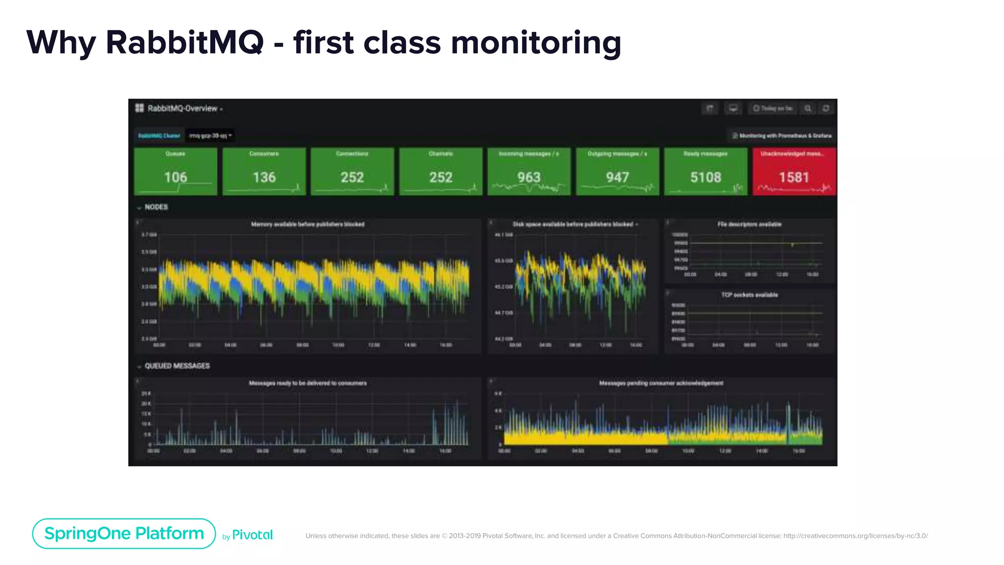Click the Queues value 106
pos(176,177)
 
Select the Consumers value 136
pos(264,177)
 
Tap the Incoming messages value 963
pos(529,177)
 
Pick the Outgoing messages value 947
pos(617,177)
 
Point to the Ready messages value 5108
pos(705,177)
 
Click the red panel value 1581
pos(794,177)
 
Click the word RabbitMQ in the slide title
pos(184,43)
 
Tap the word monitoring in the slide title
pos(536,43)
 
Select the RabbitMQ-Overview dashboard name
pos(182,108)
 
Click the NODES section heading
pos(156,207)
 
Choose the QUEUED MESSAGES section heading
pos(177,366)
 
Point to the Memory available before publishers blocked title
pos(308,224)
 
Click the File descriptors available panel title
pos(750,224)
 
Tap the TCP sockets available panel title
pos(750,295)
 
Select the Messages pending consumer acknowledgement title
pos(661,383)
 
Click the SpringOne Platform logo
pos(124,534)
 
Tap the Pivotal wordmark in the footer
pos(252,535)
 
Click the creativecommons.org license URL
pos(855,536)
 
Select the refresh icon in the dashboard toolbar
pos(826,108)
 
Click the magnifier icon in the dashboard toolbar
pos(808,108)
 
